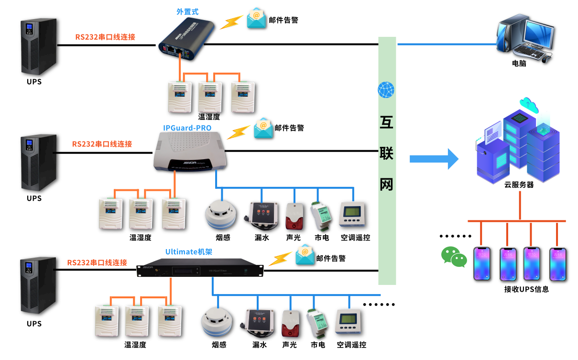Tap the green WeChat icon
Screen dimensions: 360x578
(453, 257)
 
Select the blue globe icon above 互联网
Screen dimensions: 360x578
(386, 90)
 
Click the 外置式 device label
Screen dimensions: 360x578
(187, 11)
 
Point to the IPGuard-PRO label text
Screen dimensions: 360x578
(187, 128)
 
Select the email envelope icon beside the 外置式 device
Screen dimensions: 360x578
(257, 18)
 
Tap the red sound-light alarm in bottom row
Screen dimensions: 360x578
(290, 323)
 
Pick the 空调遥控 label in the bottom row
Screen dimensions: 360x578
(351, 345)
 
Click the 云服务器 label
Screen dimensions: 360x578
(519, 185)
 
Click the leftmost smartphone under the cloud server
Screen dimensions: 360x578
(482, 263)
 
